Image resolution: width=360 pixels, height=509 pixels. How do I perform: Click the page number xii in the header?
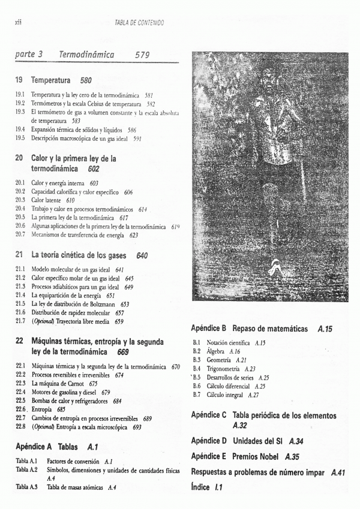click(18, 22)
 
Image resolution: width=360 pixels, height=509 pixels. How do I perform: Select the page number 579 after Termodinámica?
click(142, 55)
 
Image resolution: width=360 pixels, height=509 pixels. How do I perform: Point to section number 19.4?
click(20, 129)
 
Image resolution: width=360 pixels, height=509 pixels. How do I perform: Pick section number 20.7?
click(20, 236)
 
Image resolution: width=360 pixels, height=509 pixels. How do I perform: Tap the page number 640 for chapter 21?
click(142, 255)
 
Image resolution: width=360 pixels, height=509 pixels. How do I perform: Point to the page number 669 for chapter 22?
click(124, 352)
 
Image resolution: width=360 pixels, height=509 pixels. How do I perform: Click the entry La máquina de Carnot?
click(56, 383)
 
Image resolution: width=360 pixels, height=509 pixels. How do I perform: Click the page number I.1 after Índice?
click(217, 487)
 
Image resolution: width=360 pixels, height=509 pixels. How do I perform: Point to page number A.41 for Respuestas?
click(338, 472)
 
